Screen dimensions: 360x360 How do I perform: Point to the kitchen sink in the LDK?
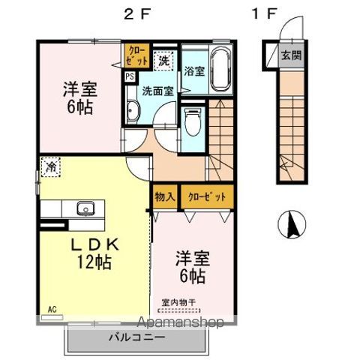point(82,208)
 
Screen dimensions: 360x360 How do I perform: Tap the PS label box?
point(129,76)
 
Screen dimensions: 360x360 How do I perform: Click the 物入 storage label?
point(165,197)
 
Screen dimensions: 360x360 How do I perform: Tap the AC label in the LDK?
point(53,308)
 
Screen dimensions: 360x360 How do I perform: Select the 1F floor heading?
point(266,13)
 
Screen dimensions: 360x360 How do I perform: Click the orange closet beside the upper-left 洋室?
point(138,54)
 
